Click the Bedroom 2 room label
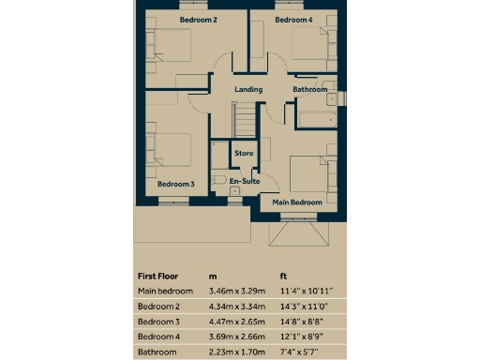coord(199,20)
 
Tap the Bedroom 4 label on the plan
coord(294,20)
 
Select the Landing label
coord(248,90)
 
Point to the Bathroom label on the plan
coord(309,90)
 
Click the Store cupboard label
coord(244,153)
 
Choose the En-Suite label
coord(245,181)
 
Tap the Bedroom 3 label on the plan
coord(176,185)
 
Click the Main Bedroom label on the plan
coord(297,202)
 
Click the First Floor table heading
coord(158,277)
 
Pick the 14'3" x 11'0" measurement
coord(307,307)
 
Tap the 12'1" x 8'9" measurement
coord(305,337)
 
